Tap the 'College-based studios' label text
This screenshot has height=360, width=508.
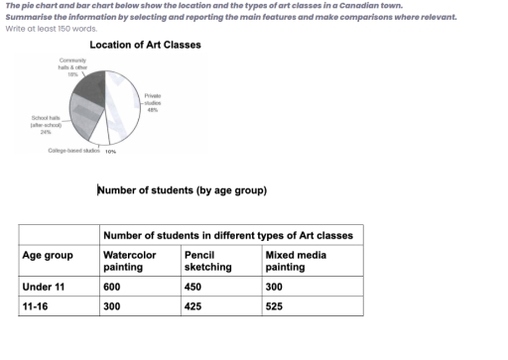coord(74,151)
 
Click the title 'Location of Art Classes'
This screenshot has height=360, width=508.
coord(145,46)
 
